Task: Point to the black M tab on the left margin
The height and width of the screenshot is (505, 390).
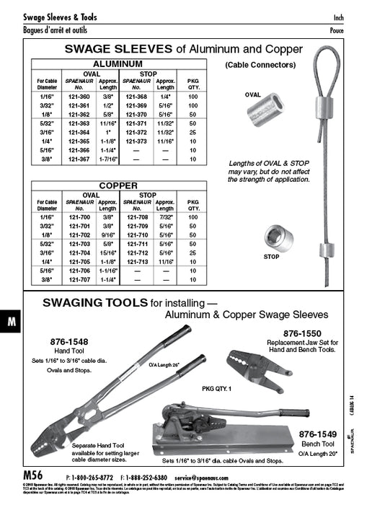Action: (x=12, y=323)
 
